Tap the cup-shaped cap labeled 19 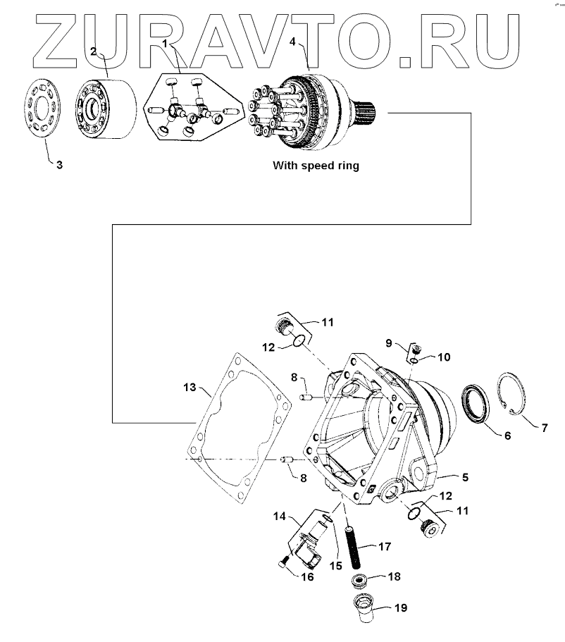(366, 605)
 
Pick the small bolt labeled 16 (283, 562)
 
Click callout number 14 (280, 517)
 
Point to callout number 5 (465, 477)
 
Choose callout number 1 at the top (164, 44)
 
